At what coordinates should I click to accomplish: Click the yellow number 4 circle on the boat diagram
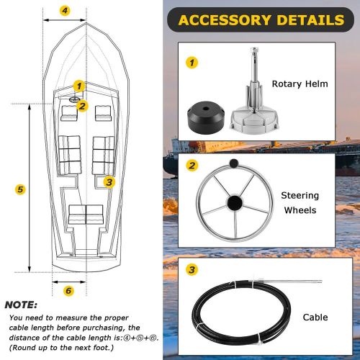65,11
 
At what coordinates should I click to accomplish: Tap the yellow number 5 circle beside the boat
21,189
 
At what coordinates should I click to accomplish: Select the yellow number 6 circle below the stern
68,291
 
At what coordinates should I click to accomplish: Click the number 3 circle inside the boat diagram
109,182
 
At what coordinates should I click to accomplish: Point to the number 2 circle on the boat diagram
82,107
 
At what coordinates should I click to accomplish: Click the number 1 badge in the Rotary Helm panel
192,63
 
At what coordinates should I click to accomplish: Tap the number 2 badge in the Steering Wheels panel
192,166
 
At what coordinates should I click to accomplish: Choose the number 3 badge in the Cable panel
192,270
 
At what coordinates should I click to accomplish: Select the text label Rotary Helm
300,84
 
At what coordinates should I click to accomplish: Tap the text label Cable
315,318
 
